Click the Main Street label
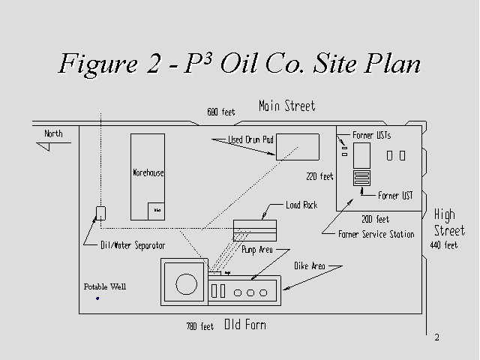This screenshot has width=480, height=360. (286, 106)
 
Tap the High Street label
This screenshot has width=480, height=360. (445, 223)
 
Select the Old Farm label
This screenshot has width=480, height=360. (244, 325)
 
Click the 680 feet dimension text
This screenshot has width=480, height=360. (221, 112)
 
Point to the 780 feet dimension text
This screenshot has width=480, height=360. (200, 327)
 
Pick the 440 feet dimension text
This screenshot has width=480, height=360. (443, 245)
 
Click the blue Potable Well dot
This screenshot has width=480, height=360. (97, 298)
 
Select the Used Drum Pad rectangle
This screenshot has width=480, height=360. (298, 145)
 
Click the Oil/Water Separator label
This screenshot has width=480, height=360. (133, 245)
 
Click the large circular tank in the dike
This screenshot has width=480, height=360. (184, 283)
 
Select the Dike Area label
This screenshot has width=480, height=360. (308, 265)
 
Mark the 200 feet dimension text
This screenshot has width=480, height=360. (375, 219)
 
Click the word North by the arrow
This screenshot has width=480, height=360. (53, 134)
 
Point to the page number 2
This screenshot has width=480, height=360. (436, 337)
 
